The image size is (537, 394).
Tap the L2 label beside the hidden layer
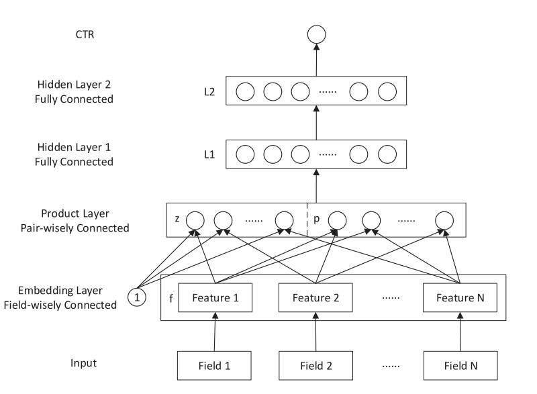pyautogui.click(x=209, y=92)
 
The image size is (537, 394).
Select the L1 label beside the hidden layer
pyautogui.click(x=209, y=154)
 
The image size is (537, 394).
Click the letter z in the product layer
pyautogui.click(x=177, y=219)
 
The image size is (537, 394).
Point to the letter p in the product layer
pyautogui.click(x=316, y=219)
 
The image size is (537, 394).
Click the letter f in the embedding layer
pyautogui.click(x=171, y=298)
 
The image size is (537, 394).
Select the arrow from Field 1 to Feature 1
pyautogui.click(x=215, y=332)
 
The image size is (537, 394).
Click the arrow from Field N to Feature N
pyautogui.click(x=460, y=332)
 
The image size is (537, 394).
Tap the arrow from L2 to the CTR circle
pyautogui.click(x=316, y=60)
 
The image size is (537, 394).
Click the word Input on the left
pyautogui.click(x=83, y=363)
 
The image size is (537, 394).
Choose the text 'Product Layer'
pyautogui.click(x=75, y=213)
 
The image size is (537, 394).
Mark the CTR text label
pyautogui.click(x=85, y=34)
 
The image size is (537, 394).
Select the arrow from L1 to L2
pyautogui.click(x=316, y=123)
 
